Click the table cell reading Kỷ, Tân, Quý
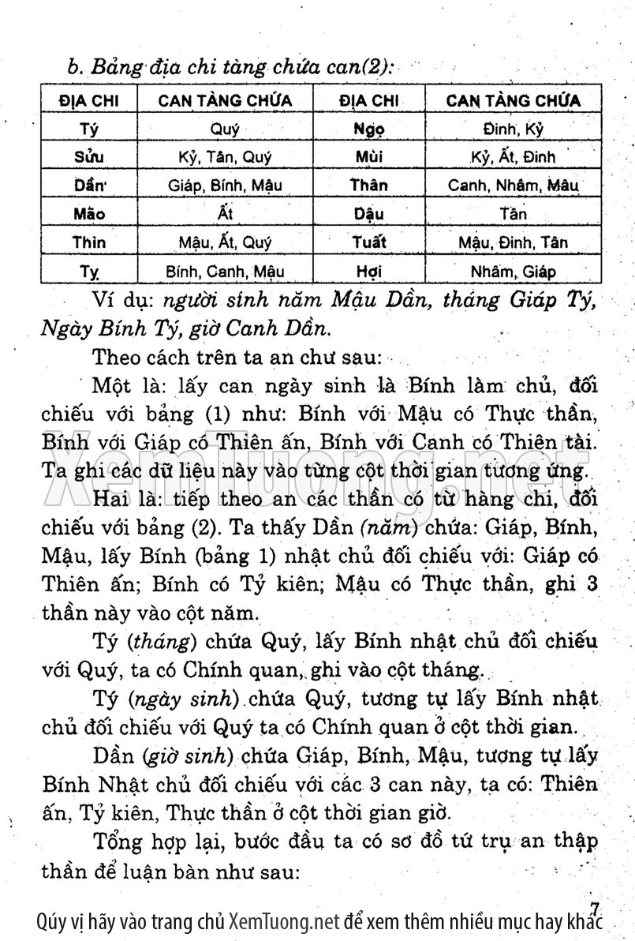click(225, 157)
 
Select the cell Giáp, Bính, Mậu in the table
click(225, 186)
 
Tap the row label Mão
click(88, 214)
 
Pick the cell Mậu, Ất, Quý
click(225, 242)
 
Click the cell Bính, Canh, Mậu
click(225, 272)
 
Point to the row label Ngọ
click(368, 129)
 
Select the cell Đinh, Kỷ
click(513, 129)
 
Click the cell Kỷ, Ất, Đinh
click(513, 157)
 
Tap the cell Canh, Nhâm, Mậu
click(513, 186)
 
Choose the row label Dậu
click(368, 214)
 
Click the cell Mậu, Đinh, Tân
click(513, 242)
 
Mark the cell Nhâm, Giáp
click(513, 272)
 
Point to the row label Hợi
click(368, 272)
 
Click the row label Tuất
click(368, 242)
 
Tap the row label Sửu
click(88, 157)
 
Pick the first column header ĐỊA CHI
click(88, 100)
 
